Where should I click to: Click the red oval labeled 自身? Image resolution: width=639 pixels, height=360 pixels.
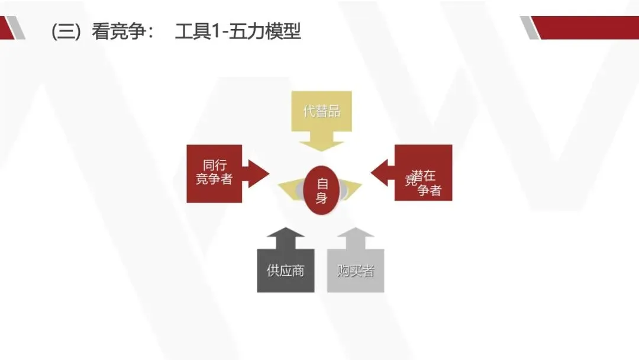[x=322, y=191]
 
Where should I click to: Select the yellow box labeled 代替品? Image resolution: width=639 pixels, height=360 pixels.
[x=321, y=111]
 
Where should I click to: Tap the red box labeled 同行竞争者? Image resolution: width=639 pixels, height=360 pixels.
[x=214, y=173]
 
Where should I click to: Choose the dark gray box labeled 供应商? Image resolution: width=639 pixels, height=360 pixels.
[x=285, y=271]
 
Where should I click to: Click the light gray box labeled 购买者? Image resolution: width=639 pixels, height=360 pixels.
[x=356, y=271]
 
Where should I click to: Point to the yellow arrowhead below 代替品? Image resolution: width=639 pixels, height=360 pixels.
[x=321, y=142]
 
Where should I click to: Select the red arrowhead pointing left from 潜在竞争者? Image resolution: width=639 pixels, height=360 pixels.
[x=382, y=173]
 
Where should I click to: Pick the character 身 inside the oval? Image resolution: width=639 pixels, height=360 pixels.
[x=322, y=198]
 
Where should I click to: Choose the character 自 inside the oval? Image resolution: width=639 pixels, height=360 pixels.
[x=322, y=183]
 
